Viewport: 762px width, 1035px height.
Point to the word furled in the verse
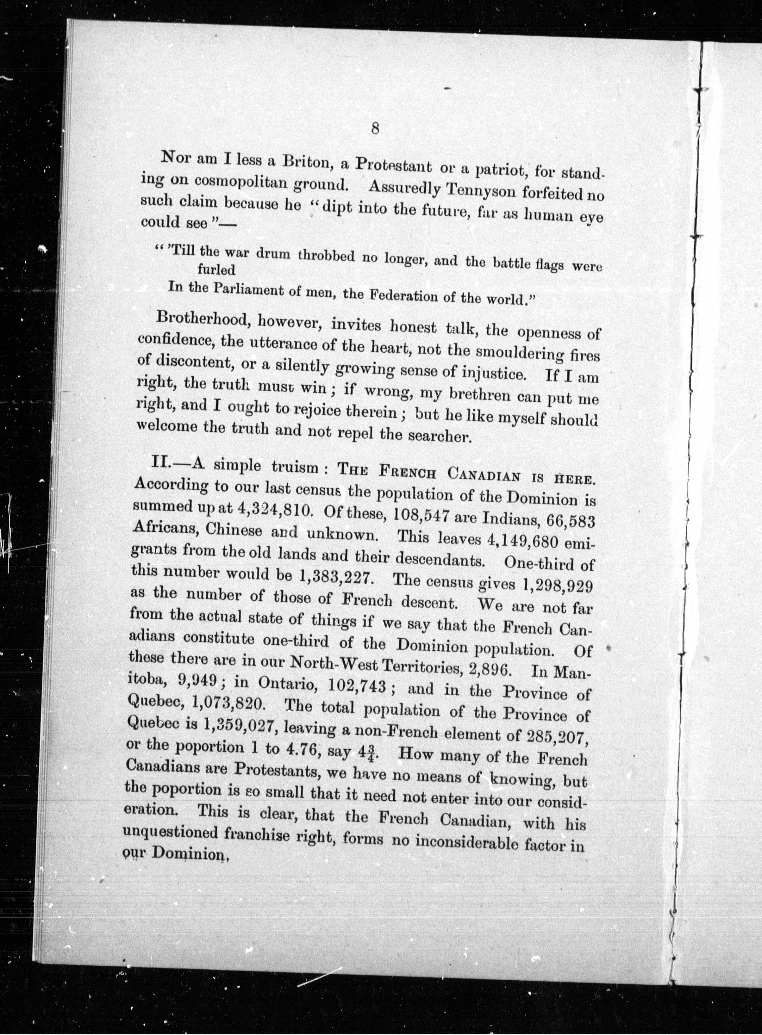pyautogui.click(x=216, y=270)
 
